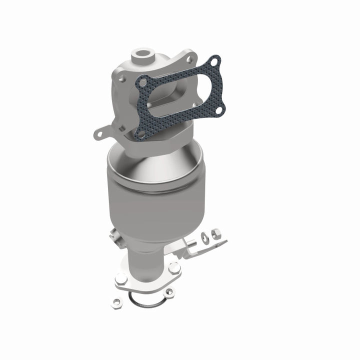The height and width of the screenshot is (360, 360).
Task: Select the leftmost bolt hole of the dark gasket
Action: [x=143, y=80]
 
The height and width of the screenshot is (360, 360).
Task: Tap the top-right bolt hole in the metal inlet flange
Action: [x=189, y=59]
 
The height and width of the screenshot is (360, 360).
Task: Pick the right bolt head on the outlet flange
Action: [x=173, y=268]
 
